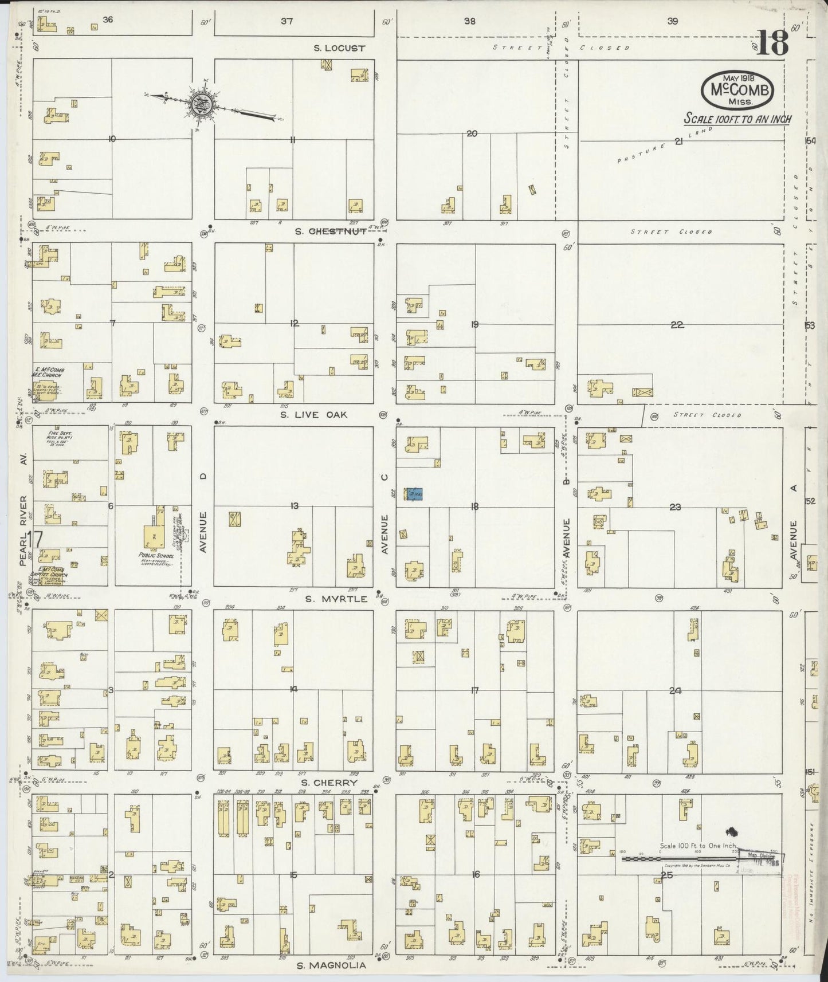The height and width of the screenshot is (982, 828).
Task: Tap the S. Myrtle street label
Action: tap(336, 599)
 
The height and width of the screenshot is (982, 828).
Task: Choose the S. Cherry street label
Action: tap(329, 783)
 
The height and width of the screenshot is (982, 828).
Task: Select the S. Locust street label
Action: tap(339, 48)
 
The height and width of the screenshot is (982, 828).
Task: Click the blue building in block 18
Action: tap(414, 494)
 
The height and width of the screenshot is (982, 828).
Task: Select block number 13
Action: tap(295, 505)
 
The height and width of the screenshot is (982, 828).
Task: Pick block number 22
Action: tap(677, 325)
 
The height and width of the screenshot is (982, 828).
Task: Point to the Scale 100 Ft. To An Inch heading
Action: tap(738, 119)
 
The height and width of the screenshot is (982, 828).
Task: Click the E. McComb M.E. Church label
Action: tap(49, 373)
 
